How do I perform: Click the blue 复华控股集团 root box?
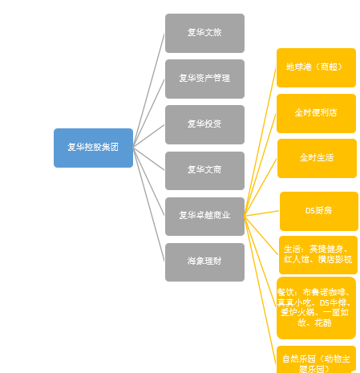(x=93, y=148)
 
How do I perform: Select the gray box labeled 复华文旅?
(x=204, y=33)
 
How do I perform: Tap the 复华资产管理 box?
(x=204, y=79)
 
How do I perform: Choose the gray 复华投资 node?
(x=204, y=124)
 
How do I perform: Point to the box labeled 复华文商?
(x=204, y=170)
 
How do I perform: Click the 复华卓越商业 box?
(x=204, y=216)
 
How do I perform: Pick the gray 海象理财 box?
(x=204, y=262)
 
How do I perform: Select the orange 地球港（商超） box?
(x=316, y=67)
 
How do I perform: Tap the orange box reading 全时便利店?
(x=316, y=113)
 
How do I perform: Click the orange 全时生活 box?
(x=316, y=158)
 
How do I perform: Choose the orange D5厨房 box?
(x=318, y=211)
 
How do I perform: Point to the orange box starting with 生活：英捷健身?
(x=318, y=255)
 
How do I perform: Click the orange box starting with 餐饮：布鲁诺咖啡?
(x=316, y=307)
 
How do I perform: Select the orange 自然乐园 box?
(x=316, y=359)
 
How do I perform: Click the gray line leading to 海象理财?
(x=149, y=205)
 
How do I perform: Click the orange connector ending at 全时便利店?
(x=261, y=164)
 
